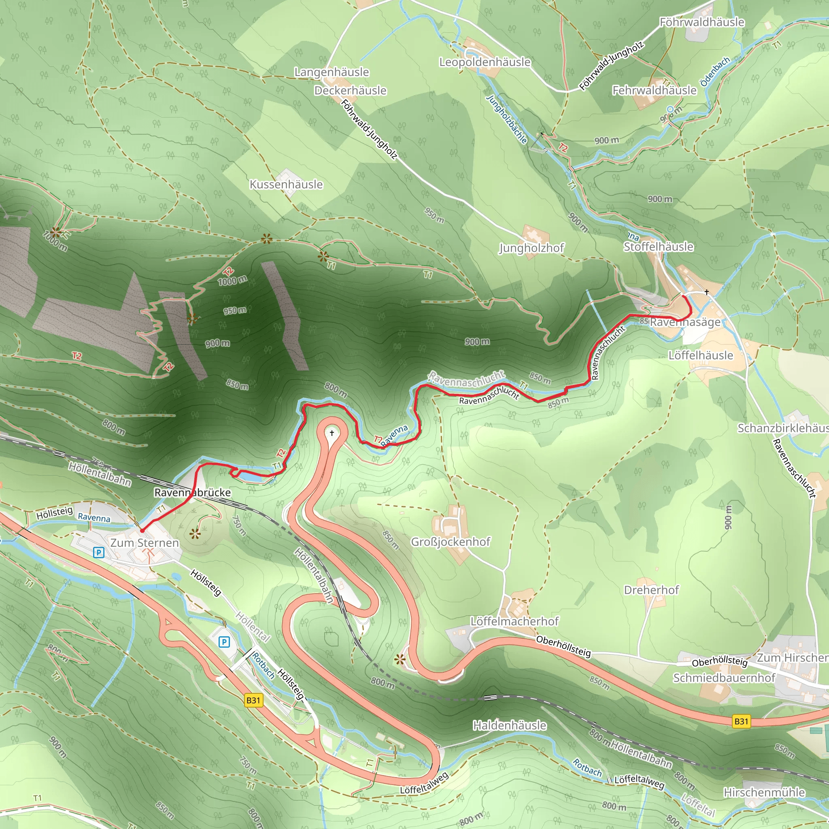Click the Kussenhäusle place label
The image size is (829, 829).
tap(286, 185)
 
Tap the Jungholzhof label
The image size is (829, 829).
tap(531, 248)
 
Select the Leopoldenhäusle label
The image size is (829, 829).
tap(485, 62)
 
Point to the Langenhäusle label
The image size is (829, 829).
tap(332, 72)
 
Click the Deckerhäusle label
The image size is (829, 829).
tap(351, 91)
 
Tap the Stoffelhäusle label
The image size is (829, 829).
tap(658, 247)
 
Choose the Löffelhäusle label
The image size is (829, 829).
tap(701, 355)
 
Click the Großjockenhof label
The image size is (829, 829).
tap(451, 542)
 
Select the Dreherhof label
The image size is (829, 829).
tap(651, 590)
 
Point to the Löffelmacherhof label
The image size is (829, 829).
tap(514, 621)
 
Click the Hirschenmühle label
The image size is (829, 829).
tap(764, 793)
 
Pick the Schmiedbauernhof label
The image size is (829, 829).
tap(724, 678)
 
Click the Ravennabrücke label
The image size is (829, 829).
tap(193, 493)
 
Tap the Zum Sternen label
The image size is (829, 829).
tap(145, 543)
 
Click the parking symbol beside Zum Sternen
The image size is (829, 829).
tap(99, 553)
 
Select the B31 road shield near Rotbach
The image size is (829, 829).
tap(253, 701)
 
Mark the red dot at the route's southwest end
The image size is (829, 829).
tap(142, 531)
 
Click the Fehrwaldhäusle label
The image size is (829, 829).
tap(655, 91)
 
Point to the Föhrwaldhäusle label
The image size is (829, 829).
tap(701, 22)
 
